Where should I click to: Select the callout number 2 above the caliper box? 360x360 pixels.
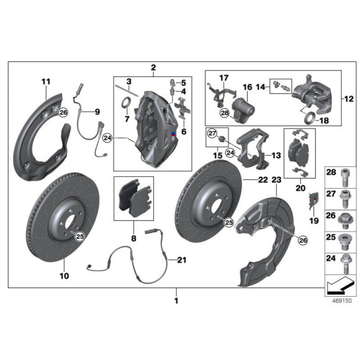point(153,68)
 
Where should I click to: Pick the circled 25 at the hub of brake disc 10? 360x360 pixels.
point(63,235)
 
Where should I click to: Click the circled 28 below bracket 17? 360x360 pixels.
point(224,112)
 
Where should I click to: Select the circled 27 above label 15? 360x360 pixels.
point(212,133)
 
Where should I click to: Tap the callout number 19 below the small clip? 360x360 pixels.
point(313,220)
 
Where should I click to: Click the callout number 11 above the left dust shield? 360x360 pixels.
point(45,81)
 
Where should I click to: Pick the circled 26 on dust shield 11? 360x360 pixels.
point(63,112)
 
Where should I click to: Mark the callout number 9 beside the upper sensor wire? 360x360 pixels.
point(96,112)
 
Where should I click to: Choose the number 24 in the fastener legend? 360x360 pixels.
point(330,259)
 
